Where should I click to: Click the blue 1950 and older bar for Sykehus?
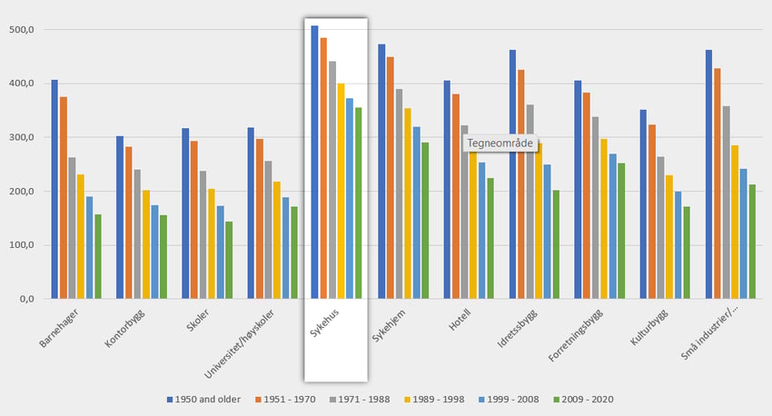pos(314,163)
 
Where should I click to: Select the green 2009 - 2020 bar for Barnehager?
pos(98,257)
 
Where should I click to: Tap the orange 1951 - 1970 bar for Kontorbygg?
pos(129,223)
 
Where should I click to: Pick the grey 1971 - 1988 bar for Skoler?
pos(203,235)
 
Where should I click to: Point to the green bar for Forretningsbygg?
pos(621,231)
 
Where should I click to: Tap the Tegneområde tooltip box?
pos(499,143)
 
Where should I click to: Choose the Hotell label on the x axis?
pos(460,322)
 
